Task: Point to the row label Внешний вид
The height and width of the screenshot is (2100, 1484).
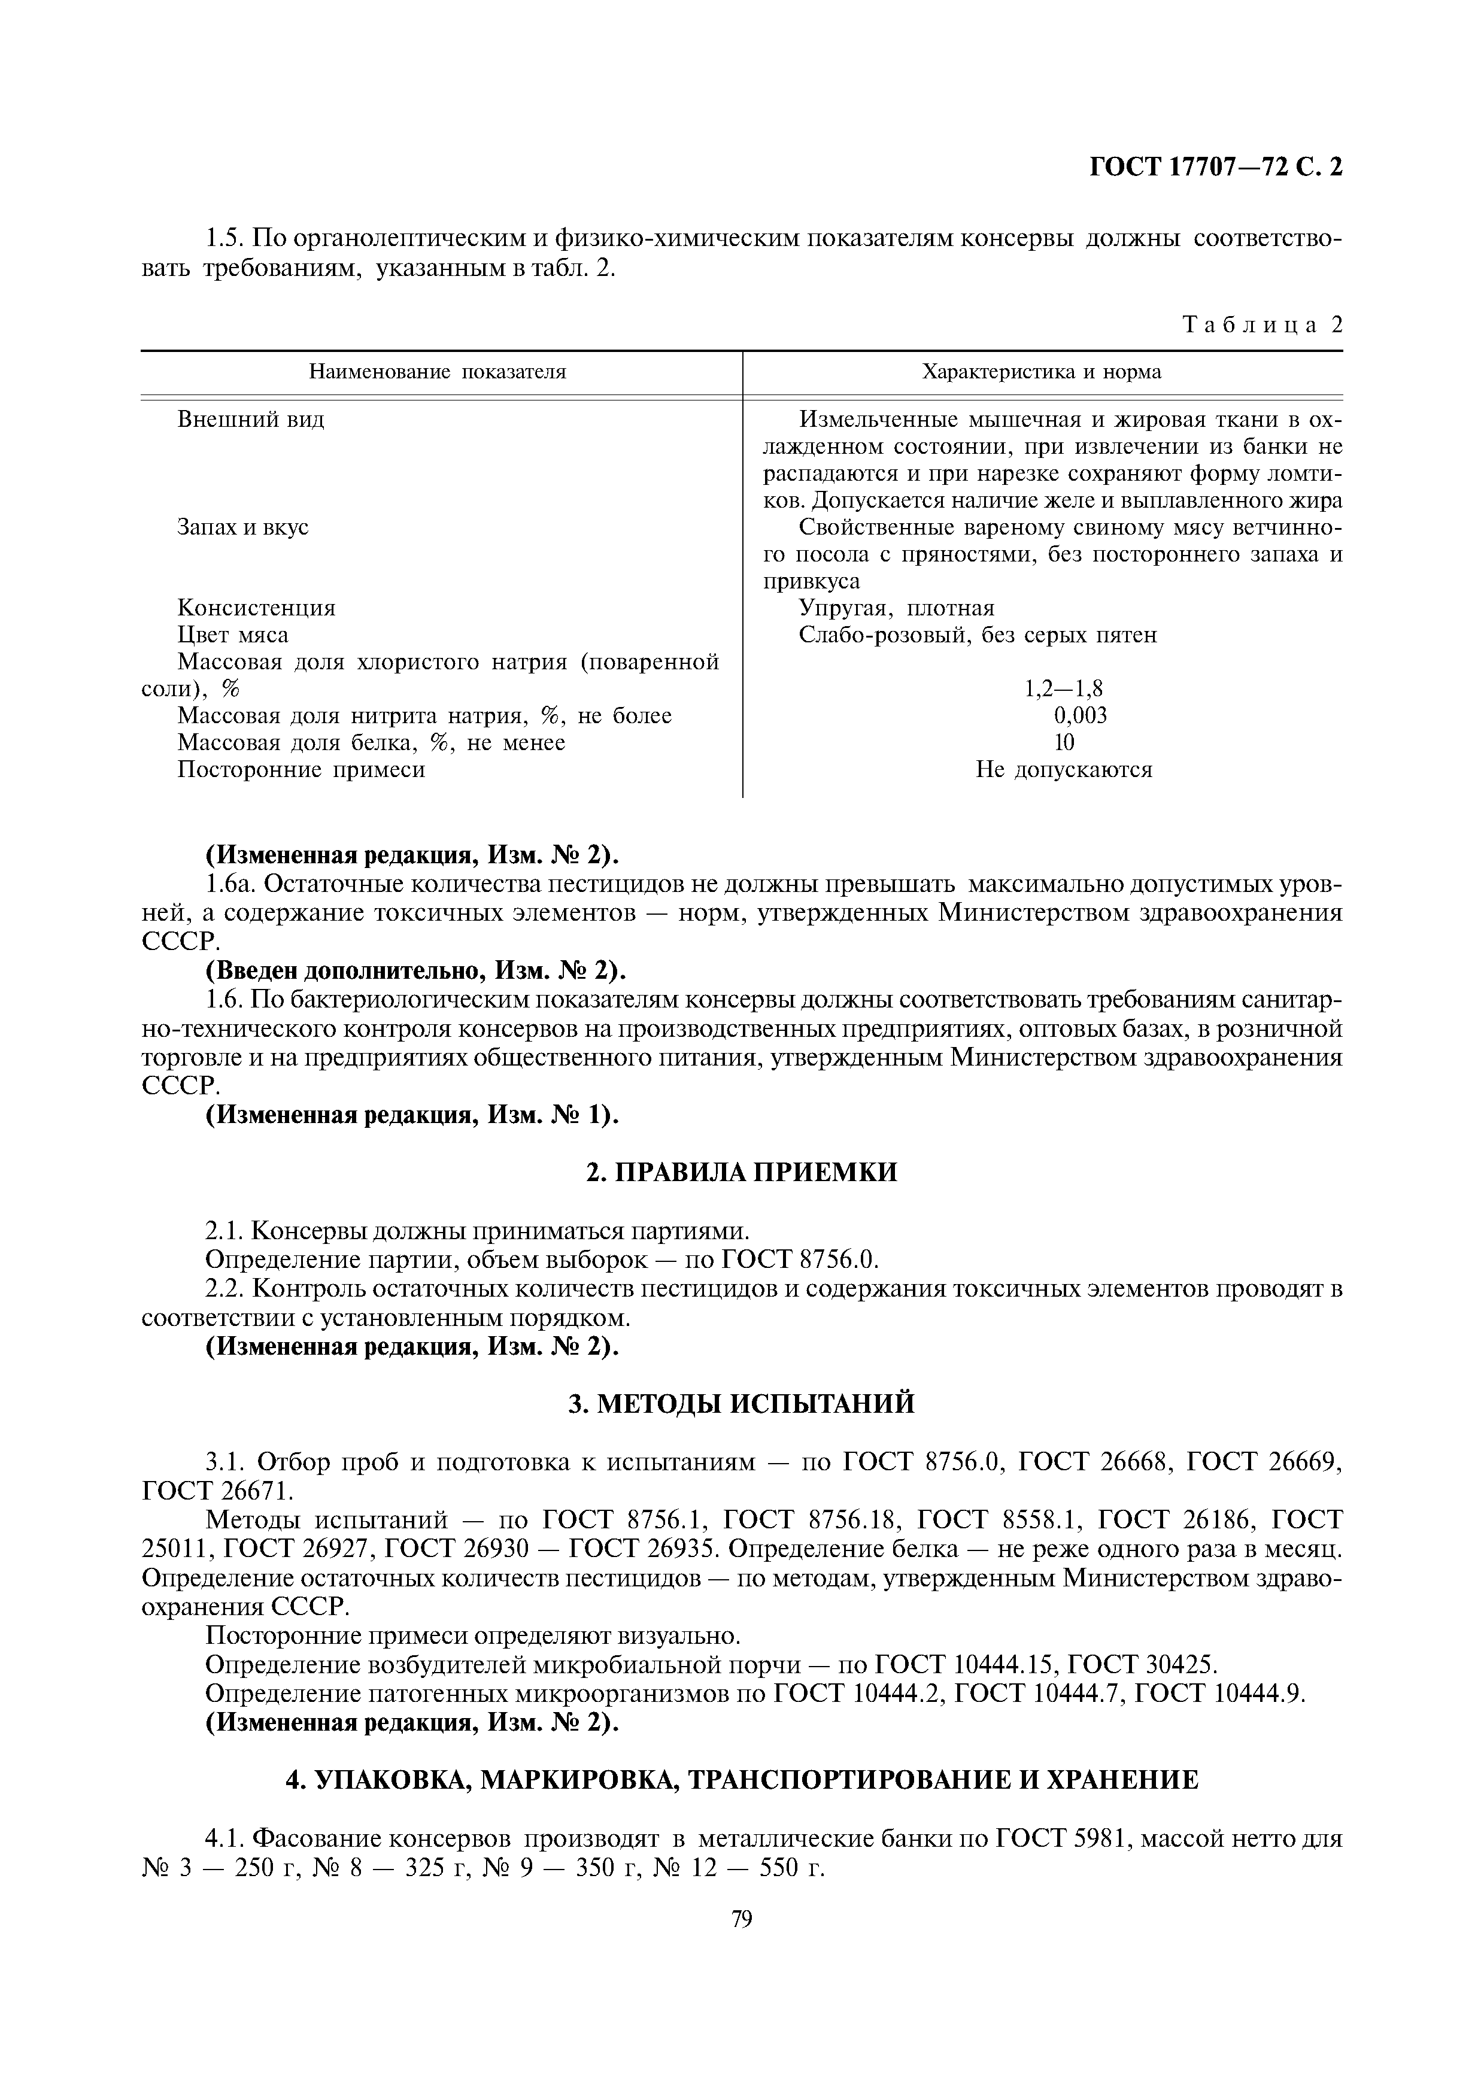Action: [251, 420]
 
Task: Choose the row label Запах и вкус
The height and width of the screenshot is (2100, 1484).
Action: [242, 528]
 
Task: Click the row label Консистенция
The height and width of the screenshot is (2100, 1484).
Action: [256, 608]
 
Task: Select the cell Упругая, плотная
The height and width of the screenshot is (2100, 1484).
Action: [896, 608]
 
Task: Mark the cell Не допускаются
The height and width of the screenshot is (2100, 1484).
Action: [1063, 769]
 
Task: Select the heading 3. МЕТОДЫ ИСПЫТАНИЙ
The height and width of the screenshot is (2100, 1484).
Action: [742, 1404]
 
